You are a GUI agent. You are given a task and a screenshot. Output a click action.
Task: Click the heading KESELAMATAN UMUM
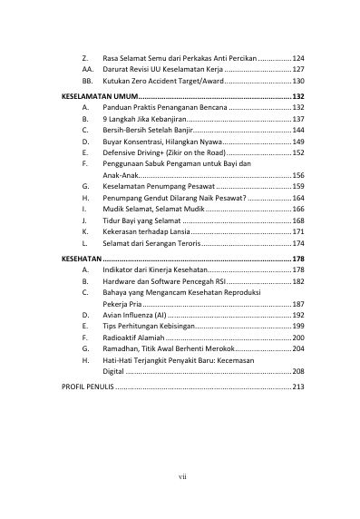[101, 94]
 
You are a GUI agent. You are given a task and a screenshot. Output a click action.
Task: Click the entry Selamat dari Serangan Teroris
[151, 244]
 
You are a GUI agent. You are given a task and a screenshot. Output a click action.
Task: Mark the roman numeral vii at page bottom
[181, 475]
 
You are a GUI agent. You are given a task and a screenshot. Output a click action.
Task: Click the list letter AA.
[86, 69]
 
